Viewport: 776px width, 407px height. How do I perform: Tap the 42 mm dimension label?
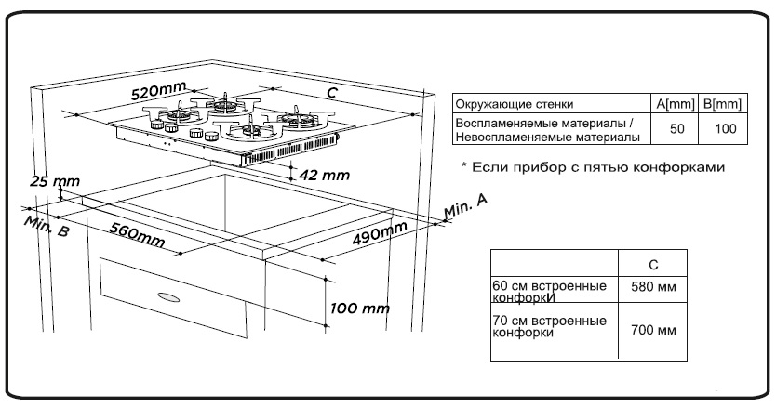click(x=325, y=174)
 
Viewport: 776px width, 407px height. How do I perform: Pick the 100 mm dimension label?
click(x=360, y=308)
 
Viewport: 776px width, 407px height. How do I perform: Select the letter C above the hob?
click(x=330, y=92)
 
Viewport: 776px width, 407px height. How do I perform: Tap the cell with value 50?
click(x=676, y=130)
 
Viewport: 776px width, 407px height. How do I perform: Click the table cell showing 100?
click(x=723, y=130)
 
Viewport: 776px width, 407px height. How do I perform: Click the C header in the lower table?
click(x=652, y=264)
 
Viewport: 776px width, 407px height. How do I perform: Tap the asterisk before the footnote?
click(x=464, y=167)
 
